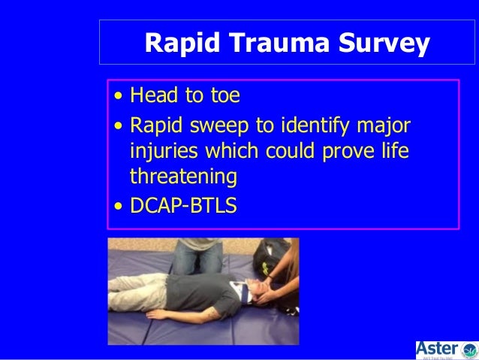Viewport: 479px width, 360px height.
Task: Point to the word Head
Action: click(152, 96)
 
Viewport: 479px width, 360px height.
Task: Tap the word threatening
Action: click(183, 177)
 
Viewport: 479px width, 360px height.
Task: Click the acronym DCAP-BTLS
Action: click(183, 204)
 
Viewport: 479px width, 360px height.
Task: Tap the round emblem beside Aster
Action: click(469, 349)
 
